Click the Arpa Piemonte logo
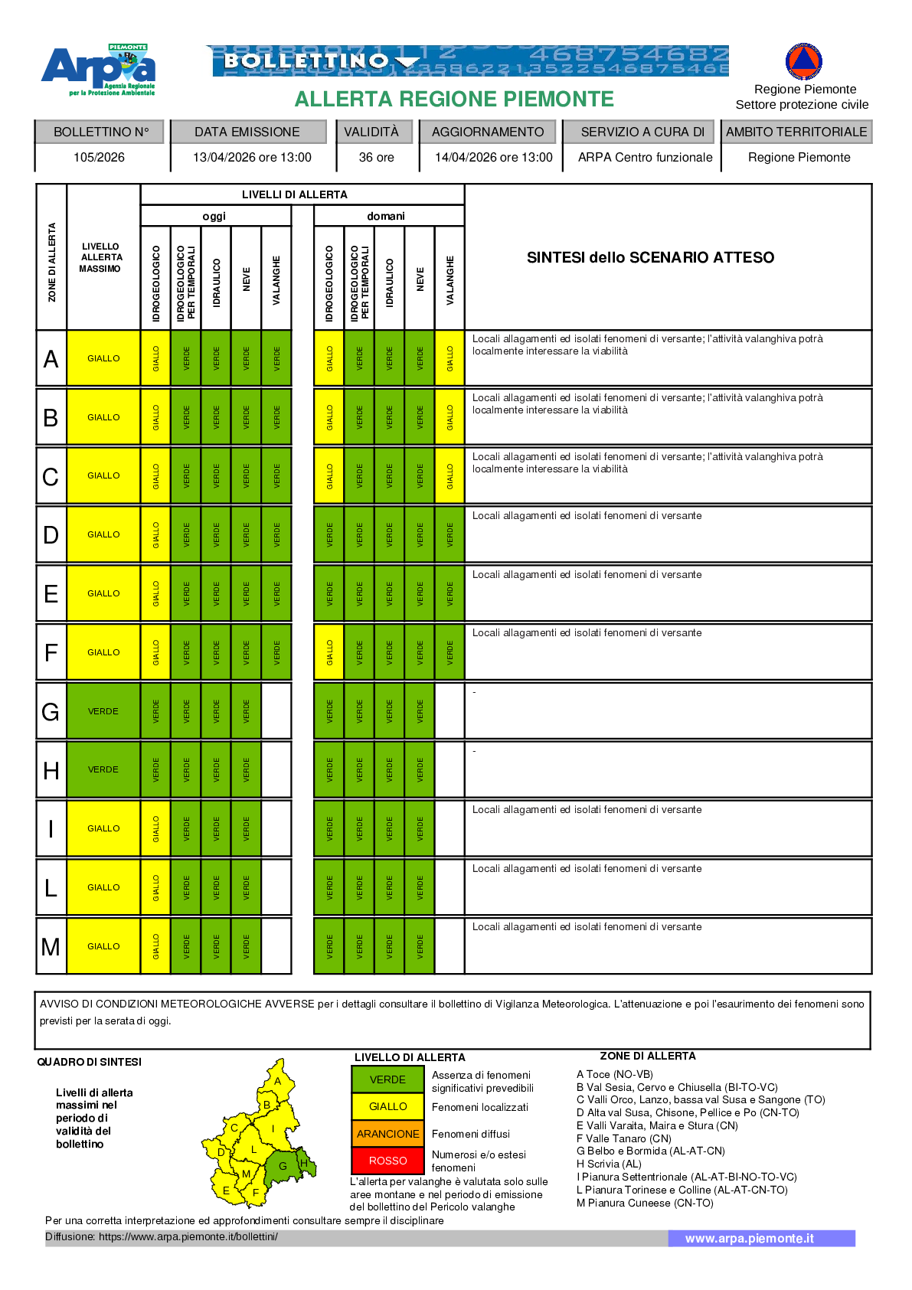pos(99,70)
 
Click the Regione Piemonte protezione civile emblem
pos(803,61)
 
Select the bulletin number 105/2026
pos(99,158)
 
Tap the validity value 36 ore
pos(376,158)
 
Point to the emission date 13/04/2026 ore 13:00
pos(252,158)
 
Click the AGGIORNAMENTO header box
pos(488,132)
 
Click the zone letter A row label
pos(51,358)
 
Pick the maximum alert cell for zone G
pos(103,711)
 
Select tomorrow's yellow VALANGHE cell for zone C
pos(450,475)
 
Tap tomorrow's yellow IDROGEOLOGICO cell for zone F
pos(330,652)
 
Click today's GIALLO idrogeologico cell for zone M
pos(156,946)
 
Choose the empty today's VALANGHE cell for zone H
pos(276,769)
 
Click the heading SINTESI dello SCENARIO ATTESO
pos(650,257)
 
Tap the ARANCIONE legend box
pos(387,1134)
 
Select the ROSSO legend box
pos(387,1161)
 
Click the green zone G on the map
pos(283,1167)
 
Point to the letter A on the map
pos(277,1081)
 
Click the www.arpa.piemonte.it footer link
pos(749,1239)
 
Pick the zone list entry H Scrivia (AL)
pos(609,1164)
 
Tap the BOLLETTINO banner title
pos(306,60)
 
